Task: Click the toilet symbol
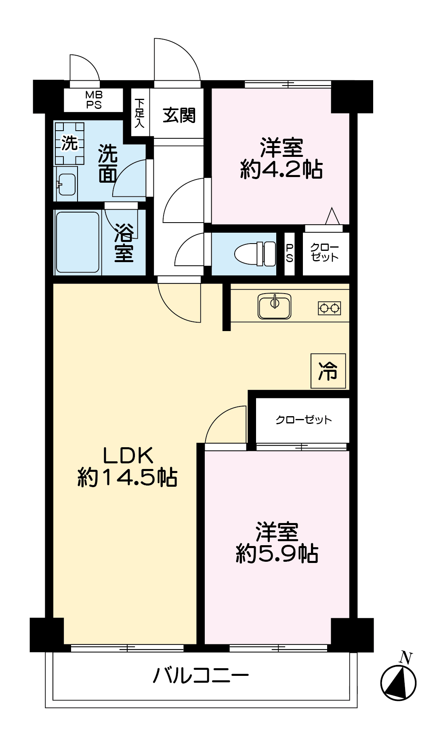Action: [x=255, y=254]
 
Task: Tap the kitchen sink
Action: [x=275, y=306]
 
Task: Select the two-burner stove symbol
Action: [x=329, y=308]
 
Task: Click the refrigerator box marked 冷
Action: [x=328, y=371]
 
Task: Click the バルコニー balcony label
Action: [x=201, y=675]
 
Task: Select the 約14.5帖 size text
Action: [x=127, y=477]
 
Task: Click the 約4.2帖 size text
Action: [x=281, y=169]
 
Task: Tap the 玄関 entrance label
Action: [x=179, y=115]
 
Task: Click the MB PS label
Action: [x=94, y=100]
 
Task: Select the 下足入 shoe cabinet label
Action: [x=140, y=113]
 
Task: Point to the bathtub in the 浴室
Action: [x=78, y=242]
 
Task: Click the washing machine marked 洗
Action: [x=69, y=143]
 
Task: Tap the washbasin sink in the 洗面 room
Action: [x=67, y=184]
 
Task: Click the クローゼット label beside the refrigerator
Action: [x=304, y=420]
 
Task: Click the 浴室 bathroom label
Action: [x=124, y=243]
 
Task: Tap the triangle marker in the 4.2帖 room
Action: [x=332, y=216]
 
